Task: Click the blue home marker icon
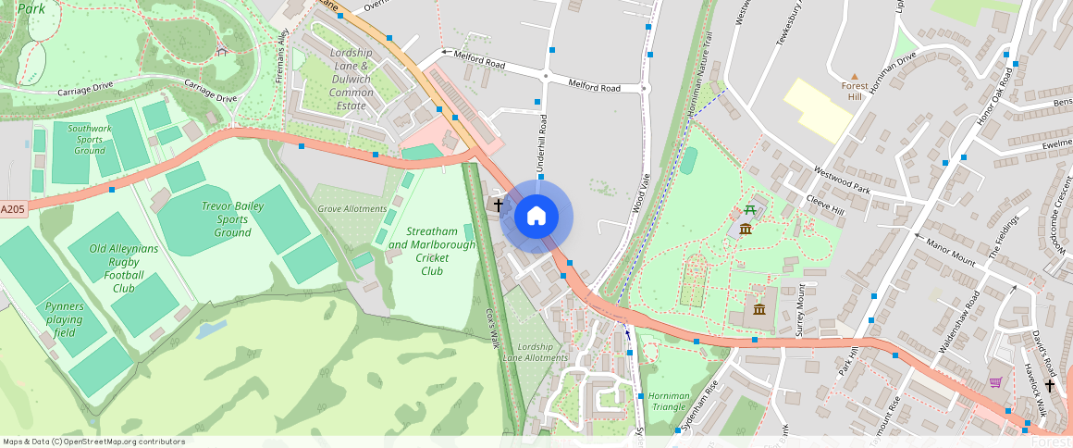point(536,217)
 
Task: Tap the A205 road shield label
point(13,210)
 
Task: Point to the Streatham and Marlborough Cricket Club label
point(432,251)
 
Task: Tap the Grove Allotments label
point(352,209)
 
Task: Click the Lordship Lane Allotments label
point(535,352)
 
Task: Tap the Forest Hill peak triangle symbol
point(854,76)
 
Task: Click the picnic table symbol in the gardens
point(749,210)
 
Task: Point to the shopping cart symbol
point(995,382)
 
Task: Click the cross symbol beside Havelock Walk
point(1050,385)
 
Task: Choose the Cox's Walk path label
point(493,327)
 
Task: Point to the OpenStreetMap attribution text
point(93,442)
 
